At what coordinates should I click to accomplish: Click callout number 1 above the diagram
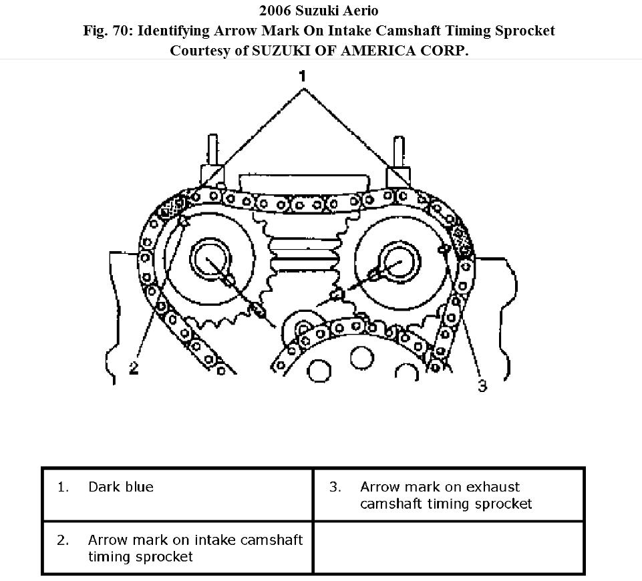[303, 76]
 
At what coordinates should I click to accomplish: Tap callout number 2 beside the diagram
[134, 368]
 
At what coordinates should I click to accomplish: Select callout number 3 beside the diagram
[482, 385]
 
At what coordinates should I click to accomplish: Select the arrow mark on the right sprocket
[442, 249]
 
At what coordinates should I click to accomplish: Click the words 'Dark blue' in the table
[120, 487]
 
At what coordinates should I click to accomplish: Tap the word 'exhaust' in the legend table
[494, 487]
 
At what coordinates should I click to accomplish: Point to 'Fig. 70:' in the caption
[108, 31]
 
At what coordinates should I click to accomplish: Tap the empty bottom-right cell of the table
[448, 548]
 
